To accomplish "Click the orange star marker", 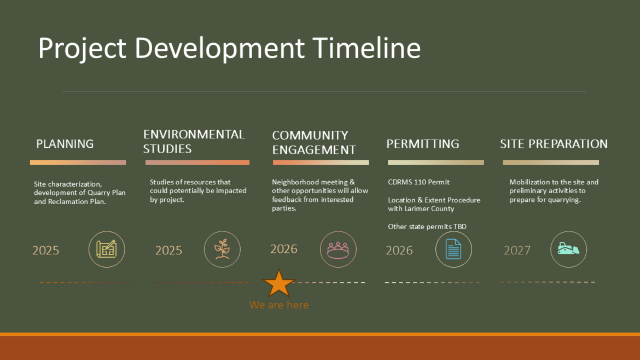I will click(280, 283).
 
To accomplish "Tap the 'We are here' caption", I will click(279, 305).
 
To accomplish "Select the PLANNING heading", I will click(65, 144).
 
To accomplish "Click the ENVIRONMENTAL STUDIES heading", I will click(194, 142).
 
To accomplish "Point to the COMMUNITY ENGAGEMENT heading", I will click(314, 143).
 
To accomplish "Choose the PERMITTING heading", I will click(423, 144).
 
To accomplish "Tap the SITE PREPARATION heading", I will click(554, 144).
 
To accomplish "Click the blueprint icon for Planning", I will click(107, 249).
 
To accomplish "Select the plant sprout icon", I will click(222, 249).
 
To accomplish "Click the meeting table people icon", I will click(338, 249).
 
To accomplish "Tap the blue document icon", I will click(453, 249).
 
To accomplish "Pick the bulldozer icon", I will click(568, 249).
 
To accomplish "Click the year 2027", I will click(517, 251).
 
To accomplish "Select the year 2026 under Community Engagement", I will click(284, 249).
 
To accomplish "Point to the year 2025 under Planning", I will click(46, 251).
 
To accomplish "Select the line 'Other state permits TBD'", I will click(427, 227).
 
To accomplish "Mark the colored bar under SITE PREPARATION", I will click(551, 162).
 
